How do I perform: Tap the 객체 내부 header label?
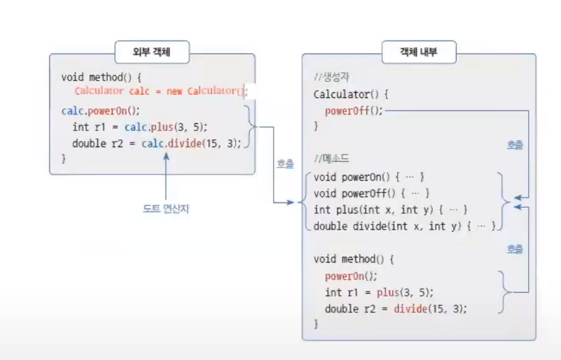pos(418,51)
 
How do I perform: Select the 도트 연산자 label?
pos(165,209)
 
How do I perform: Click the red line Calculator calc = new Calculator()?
pos(161,91)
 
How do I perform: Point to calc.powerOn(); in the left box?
pos(101,110)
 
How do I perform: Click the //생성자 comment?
pos(332,77)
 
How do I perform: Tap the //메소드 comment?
pos(332,159)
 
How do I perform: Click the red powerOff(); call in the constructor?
pos(354,110)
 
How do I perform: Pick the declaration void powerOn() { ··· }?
pos(369,176)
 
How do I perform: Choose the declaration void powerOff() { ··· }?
pos(371,193)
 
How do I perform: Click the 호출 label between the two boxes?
pos(285,164)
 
